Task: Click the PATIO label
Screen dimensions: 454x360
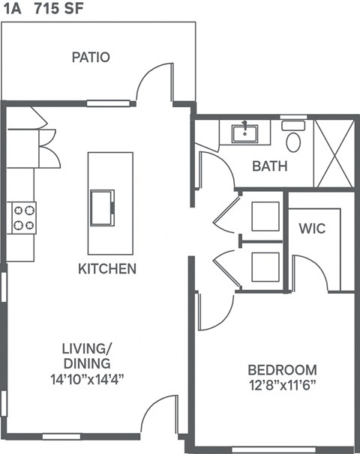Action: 91,57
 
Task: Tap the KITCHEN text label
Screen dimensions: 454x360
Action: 107,268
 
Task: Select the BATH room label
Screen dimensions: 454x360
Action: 269,166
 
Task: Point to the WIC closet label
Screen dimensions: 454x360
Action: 311,228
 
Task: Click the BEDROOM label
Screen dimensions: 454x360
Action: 282,370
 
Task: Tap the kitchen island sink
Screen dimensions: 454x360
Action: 103,207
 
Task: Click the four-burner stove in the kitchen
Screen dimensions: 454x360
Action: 23,217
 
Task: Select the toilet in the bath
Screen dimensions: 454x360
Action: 293,138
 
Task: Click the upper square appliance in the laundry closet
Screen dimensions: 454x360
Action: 265,216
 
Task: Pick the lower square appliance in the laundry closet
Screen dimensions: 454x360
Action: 265,267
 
